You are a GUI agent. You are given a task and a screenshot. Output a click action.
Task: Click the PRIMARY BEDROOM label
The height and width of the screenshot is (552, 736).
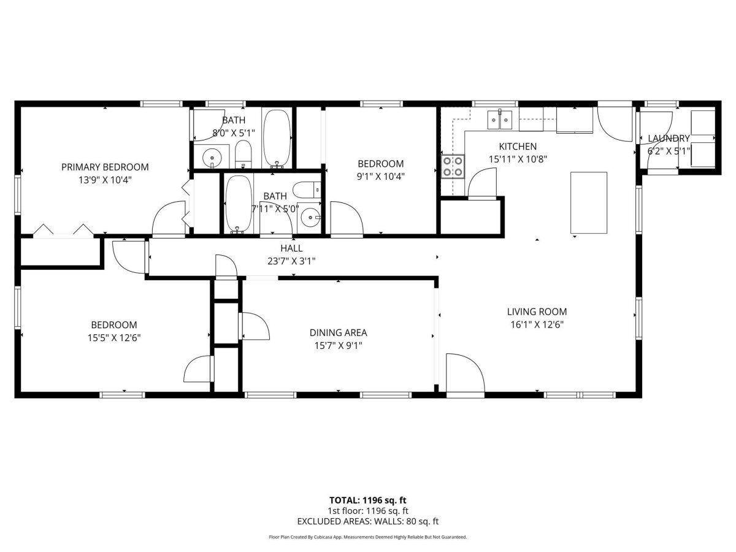pyautogui.click(x=105, y=167)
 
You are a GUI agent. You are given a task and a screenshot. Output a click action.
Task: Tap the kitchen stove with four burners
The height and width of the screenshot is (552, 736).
pyautogui.click(x=453, y=167)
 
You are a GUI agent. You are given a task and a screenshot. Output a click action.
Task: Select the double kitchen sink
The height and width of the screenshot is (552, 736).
pyautogui.click(x=500, y=120)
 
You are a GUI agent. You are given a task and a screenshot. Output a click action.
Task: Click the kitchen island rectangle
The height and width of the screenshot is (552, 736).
pyautogui.click(x=589, y=203)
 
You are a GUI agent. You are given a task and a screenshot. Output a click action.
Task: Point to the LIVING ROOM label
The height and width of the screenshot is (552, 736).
pyautogui.click(x=537, y=312)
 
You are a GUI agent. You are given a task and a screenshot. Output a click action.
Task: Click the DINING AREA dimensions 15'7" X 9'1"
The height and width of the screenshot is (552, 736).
pyautogui.click(x=339, y=345)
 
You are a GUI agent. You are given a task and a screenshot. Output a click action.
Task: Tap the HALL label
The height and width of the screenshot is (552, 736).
pyautogui.click(x=291, y=248)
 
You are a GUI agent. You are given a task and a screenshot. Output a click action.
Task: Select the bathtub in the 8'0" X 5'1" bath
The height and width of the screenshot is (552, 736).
pyautogui.click(x=277, y=139)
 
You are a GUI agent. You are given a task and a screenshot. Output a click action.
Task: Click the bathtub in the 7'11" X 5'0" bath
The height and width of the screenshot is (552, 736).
pyautogui.click(x=238, y=204)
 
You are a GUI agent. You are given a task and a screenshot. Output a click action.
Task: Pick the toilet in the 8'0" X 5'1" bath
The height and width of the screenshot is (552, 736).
pyautogui.click(x=243, y=154)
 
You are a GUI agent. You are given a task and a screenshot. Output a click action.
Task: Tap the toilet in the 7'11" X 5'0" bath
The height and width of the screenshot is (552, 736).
pyautogui.click(x=307, y=190)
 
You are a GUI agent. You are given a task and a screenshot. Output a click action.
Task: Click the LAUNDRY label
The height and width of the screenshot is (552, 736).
pyautogui.click(x=669, y=139)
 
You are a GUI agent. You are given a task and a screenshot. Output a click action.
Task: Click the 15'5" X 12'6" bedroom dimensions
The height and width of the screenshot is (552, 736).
pyautogui.click(x=114, y=338)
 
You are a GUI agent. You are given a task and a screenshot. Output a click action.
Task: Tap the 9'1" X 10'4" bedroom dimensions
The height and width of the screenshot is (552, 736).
pyautogui.click(x=381, y=176)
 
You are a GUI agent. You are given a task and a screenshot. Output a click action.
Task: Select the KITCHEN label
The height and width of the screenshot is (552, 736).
pyautogui.click(x=518, y=147)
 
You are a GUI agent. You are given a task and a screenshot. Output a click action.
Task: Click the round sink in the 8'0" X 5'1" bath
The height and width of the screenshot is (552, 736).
pyautogui.click(x=212, y=156)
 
